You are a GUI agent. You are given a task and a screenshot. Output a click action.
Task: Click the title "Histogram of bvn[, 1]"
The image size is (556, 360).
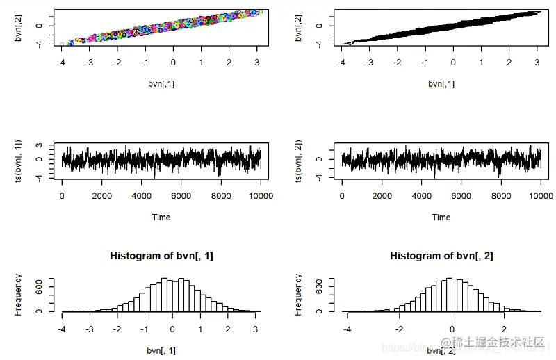(x=161, y=256)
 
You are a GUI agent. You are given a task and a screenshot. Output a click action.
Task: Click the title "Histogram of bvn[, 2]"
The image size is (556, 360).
(x=441, y=256)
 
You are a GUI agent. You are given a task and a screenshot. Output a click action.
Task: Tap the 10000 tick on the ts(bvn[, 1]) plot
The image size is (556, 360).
(x=259, y=196)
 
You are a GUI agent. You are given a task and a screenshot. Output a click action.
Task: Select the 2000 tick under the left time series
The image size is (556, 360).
(x=101, y=196)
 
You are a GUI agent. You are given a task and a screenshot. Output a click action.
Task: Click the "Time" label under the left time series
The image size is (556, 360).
(x=161, y=217)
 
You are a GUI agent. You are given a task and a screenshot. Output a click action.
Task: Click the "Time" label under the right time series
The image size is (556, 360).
(x=441, y=217)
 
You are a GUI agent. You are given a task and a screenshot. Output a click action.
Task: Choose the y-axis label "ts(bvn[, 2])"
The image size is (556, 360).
(x=299, y=161)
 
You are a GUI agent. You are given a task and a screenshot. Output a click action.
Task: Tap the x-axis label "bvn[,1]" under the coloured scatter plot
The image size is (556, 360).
(x=161, y=84)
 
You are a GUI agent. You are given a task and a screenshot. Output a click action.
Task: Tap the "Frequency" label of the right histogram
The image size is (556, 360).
(x=299, y=295)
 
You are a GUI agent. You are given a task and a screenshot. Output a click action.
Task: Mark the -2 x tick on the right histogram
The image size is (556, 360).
(x=399, y=329)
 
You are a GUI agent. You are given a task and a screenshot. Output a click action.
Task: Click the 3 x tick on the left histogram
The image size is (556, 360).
(x=256, y=329)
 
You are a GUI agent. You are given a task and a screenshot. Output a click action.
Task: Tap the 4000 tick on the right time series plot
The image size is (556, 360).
(x=421, y=196)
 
